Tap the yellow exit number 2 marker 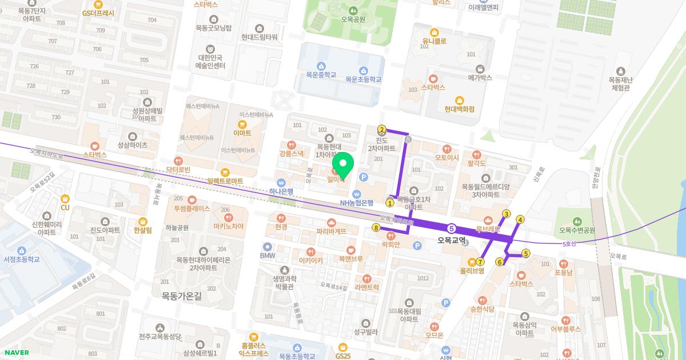tap(382, 129)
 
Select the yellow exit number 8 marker tap(376, 227)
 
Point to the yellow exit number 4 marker tap(520, 219)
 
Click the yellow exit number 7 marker tap(480, 262)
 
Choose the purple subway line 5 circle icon tap(452, 228)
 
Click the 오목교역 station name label tap(451, 241)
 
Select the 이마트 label tap(242, 133)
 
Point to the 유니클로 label tap(434, 41)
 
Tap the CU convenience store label tap(65, 207)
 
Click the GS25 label tap(343, 355)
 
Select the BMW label tap(268, 255)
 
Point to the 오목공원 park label tap(353, 19)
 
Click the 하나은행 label tap(281, 191)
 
